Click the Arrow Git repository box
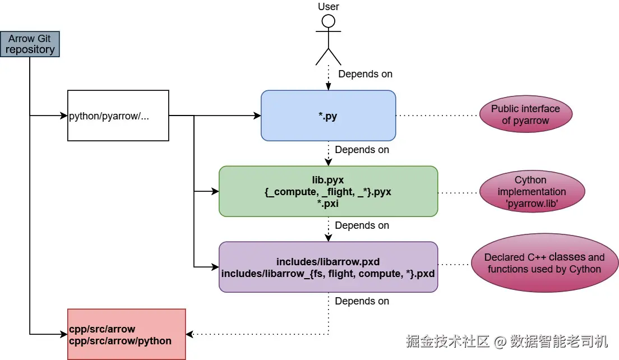coord(30,44)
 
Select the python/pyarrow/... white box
coord(118,116)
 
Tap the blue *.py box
coord(328,116)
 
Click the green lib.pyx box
coord(328,191)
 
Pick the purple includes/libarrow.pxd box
coord(328,267)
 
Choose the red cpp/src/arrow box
coord(126,334)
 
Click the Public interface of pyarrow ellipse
coord(525,115)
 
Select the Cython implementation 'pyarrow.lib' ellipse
coord(530,191)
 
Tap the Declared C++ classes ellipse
coord(544,263)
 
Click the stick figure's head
coord(329,22)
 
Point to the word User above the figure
coord(329,7)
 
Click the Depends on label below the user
coord(365,74)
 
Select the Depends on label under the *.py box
coord(362,150)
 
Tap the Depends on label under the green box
coord(362,225)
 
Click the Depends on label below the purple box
coord(362,301)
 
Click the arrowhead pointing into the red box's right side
coord(190,334)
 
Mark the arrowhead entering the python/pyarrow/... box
coord(64,116)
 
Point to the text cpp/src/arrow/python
coord(120,340)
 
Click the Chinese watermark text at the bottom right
coord(507,341)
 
